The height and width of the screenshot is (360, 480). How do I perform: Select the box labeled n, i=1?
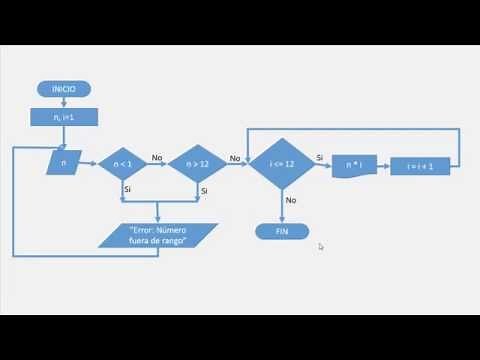coord(63,117)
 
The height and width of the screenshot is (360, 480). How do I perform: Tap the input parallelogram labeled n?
coord(64,161)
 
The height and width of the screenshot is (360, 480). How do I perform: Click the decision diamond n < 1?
coord(123,163)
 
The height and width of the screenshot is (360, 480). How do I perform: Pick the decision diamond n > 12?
coord(196,163)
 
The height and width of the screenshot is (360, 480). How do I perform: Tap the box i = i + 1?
coord(420,166)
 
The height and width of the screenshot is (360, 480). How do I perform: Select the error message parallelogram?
coord(159,234)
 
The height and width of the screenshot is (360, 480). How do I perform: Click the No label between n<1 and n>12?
coord(157,157)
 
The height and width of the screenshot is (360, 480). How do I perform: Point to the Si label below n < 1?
coord(128,189)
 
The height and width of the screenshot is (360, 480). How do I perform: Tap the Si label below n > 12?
coord(203,190)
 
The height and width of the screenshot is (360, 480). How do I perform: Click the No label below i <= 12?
coord(291,200)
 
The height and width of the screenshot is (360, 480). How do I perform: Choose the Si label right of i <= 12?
coord(319,158)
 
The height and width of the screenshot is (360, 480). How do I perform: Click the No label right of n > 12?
coord(234,158)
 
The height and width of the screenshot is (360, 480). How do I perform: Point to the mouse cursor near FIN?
coord(321,246)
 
